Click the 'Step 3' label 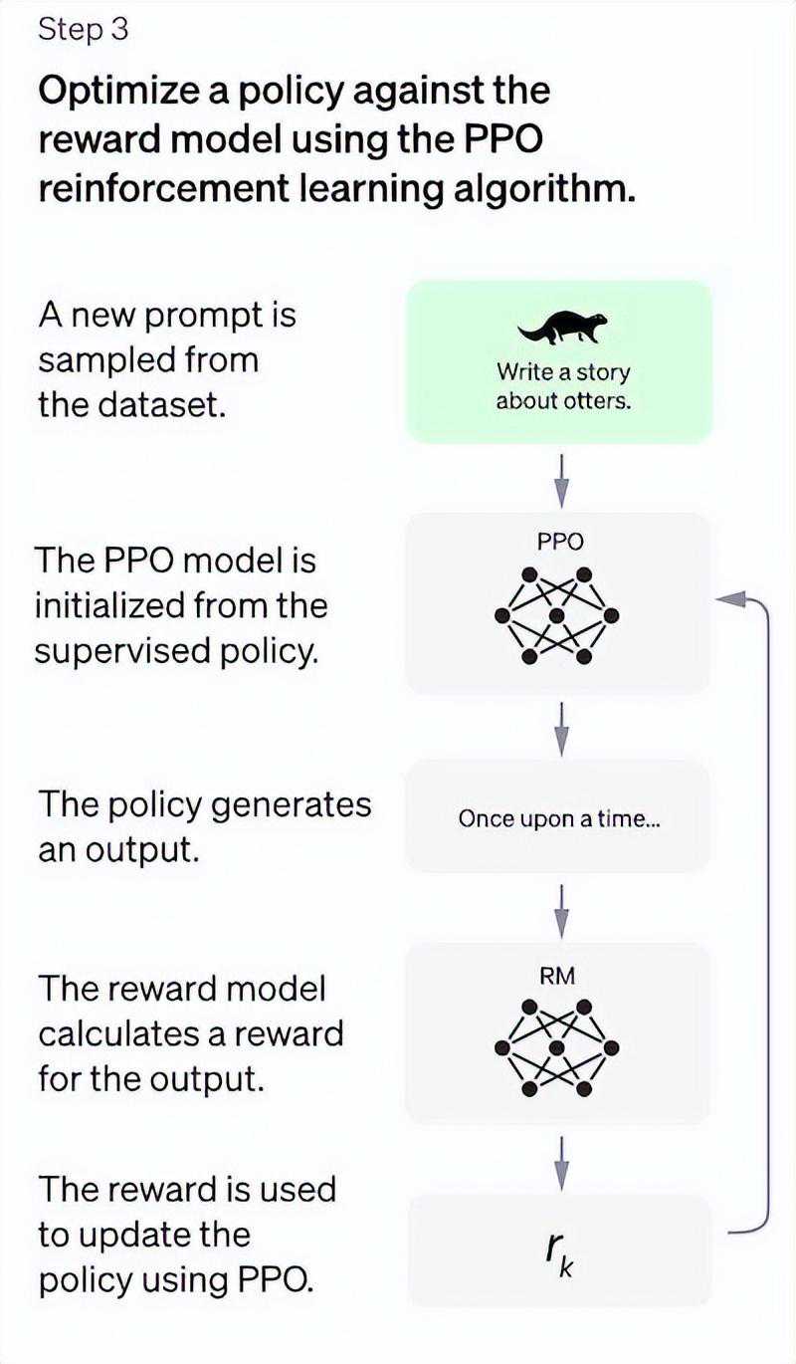pyautogui.click(x=84, y=30)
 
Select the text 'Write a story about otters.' pyautogui.click(x=563, y=386)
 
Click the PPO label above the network pyautogui.click(x=560, y=541)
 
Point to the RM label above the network pyautogui.click(x=557, y=977)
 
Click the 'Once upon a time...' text pyautogui.click(x=559, y=819)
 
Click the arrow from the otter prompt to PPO pyautogui.click(x=562, y=481)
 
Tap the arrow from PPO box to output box pyautogui.click(x=562, y=730)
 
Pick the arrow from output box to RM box pyautogui.click(x=562, y=912)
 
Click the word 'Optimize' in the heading pyautogui.click(x=118, y=93)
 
